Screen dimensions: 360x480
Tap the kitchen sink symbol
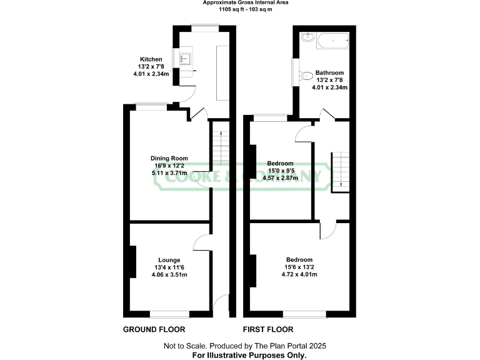[x=186, y=59]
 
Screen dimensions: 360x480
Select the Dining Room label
[x=169, y=158]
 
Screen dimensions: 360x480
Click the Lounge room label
[x=169, y=260]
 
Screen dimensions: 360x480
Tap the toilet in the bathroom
[x=305, y=76]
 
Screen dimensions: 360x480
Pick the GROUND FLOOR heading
[x=154, y=329]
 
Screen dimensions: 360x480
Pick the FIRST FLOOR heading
[x=268, y=329]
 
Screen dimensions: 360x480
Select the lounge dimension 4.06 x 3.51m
[x=169, y=275]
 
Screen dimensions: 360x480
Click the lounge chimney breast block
[x=132, y=262]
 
